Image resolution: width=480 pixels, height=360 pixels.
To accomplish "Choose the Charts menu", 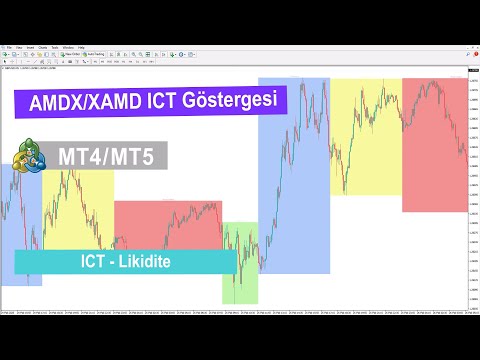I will pyautogui.click(x=43, y=47).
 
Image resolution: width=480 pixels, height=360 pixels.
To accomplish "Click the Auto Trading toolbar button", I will pyautogui.click(x=99, y=55).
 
